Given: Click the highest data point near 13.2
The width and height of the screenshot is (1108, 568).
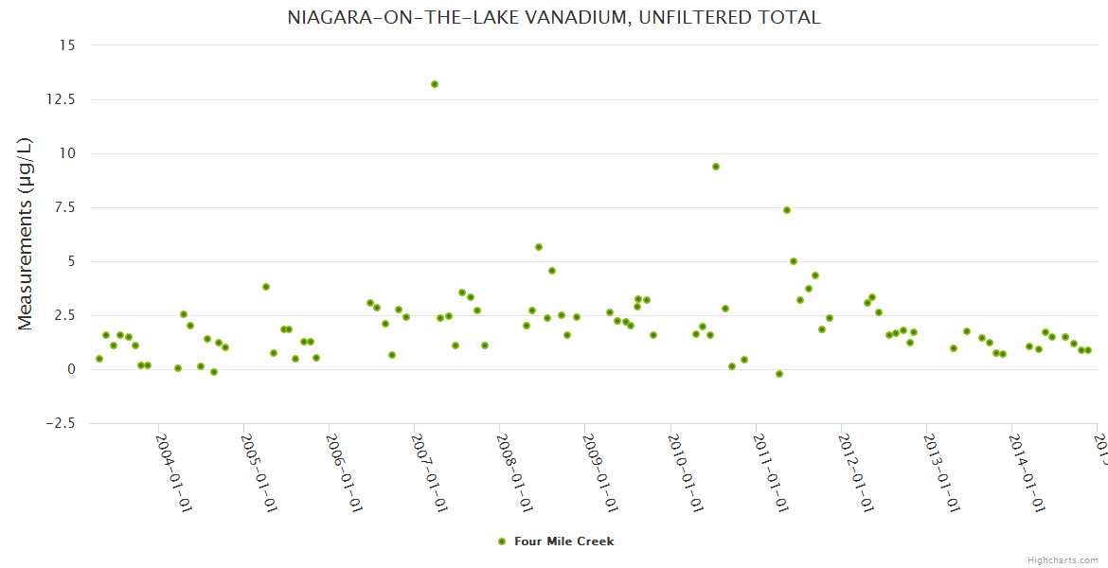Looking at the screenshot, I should coord(435,84).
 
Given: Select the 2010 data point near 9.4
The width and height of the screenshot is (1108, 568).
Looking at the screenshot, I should coord(716,167).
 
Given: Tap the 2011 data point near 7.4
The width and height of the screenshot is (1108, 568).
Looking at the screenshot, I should coord(787,210).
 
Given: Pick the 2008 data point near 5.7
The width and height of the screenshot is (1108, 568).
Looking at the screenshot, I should coord(539,247).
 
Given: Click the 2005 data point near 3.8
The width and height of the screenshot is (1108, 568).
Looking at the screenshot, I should coord(266,287).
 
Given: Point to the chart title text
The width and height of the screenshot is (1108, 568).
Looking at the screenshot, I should coord(554,17).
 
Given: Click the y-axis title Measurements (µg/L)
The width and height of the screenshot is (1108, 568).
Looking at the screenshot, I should coord(26,234).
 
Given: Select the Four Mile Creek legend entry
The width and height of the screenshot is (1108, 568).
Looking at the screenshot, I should coord(563,541).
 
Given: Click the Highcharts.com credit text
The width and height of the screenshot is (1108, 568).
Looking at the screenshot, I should coord(1063,560).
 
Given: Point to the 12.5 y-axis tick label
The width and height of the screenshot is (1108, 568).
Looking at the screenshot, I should coord(63,99).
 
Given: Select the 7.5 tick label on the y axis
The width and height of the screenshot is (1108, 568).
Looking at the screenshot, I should coord(66,207).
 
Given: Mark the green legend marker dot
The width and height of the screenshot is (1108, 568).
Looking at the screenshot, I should coord(502,541).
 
